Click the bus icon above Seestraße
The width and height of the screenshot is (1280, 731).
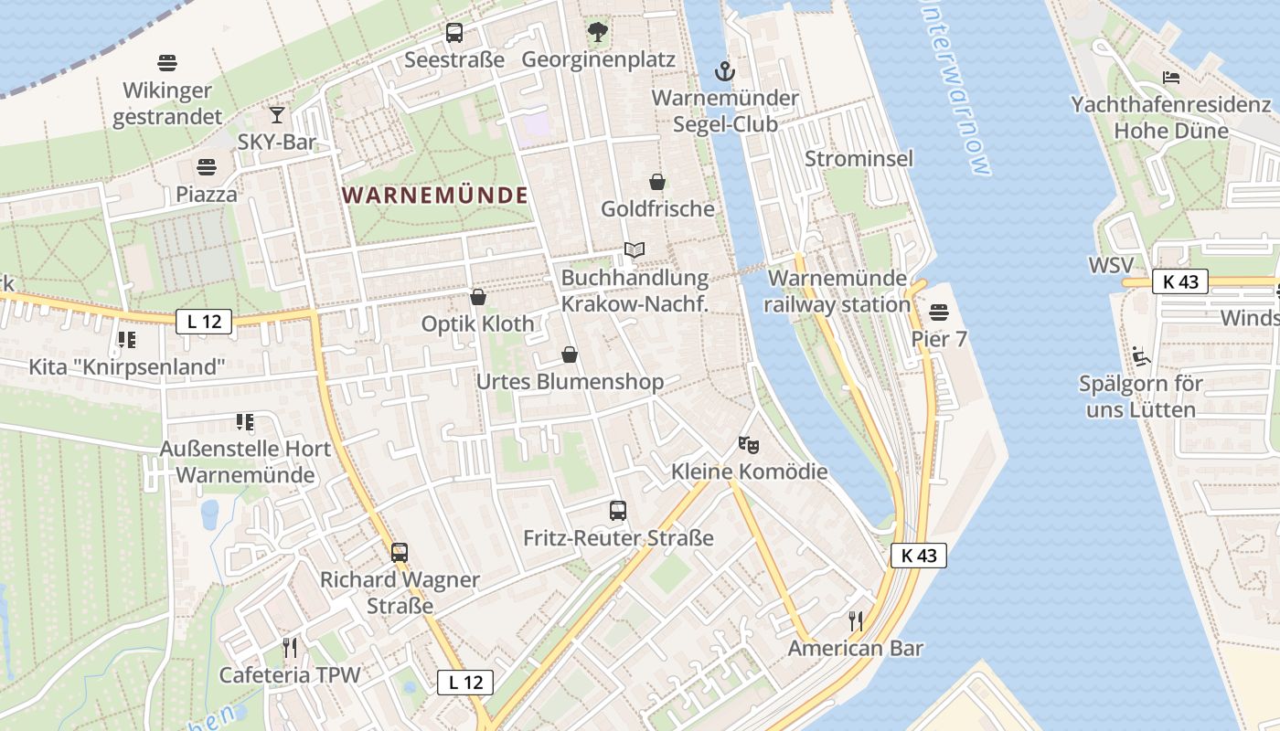[454, 33]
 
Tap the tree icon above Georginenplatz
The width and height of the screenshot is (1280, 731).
[598, 33]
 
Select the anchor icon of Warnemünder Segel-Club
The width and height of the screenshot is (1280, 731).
[724, 70]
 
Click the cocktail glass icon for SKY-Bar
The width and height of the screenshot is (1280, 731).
[276, 115]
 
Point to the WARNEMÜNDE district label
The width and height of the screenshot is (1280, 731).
[434, 195]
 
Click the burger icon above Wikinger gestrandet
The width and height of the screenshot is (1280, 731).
[166, 63]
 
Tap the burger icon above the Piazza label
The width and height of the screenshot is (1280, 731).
[207, 167]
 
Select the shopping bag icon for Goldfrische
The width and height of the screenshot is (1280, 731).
[656, 182]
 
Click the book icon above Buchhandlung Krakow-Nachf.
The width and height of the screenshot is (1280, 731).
[635, 249]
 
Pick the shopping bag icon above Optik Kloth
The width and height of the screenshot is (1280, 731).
[477, 297]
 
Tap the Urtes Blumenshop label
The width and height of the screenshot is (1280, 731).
[570, 381]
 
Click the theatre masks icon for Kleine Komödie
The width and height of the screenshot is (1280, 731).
[749, 445]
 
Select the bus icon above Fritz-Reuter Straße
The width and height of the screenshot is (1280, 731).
[618, 511]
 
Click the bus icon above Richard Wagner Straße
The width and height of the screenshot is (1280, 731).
[400, 552]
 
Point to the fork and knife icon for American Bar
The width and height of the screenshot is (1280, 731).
[856, 621]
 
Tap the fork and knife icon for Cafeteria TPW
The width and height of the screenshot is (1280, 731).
[290, 648]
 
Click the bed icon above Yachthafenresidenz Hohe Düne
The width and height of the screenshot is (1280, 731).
[1170, 78]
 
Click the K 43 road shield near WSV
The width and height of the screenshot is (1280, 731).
[1180, 281]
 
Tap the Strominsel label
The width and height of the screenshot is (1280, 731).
[859, 158]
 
